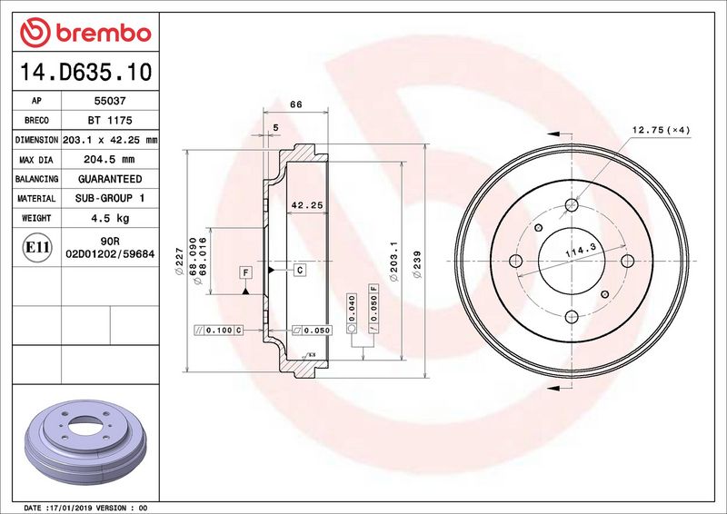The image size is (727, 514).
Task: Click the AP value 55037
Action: pyautogui.click(x=105, y=102)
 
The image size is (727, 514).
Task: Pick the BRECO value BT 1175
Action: pyautogui.click(x=105, y=121)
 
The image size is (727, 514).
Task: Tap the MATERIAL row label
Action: pyautogui.click(x=36, y=198)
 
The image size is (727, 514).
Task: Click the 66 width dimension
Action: pyautogui.click(x=295, y=104)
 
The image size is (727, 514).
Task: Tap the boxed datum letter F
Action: pyautogui.click(x=245, y=272)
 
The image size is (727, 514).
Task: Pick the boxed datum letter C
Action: pyautogui.click(x=299, y=271)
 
